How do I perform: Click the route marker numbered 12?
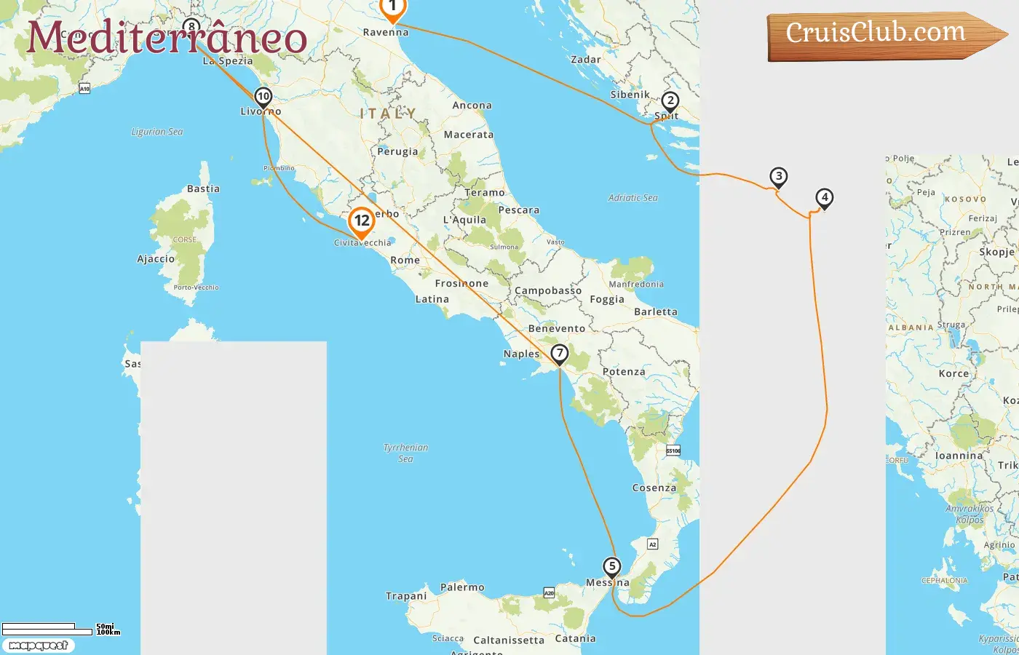tap(362, 221)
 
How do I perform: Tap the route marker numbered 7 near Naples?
tap(559, 354)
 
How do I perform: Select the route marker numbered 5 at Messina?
tap(612, 566)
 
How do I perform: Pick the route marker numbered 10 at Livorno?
tap(263, 97)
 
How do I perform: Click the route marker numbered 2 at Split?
tap(670, 101)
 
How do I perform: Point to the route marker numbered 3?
tap(779, 176)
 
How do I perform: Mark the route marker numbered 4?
tap(824, 197)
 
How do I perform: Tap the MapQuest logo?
tap(39, 646)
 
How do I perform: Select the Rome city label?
tap(405, 260)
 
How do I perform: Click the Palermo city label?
tap(462, 587)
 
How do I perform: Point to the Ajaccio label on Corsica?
tap(156, 259)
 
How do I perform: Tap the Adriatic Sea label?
tap(633, 197)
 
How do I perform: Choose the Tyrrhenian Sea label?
tap(405, 453)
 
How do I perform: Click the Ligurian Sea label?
tap(156, 132)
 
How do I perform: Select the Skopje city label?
tap(996, 252)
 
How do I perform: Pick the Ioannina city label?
tap(959, 456)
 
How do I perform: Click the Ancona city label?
tap(472, 106)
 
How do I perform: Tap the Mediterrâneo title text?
tap(167, 38)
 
